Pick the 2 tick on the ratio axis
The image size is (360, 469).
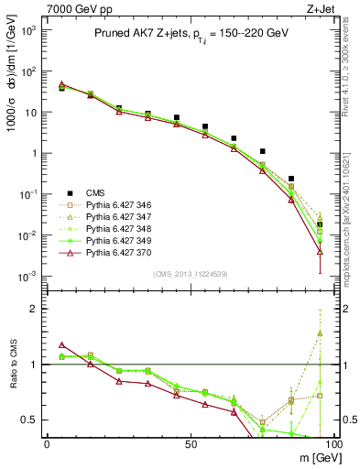tap(37, 309)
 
